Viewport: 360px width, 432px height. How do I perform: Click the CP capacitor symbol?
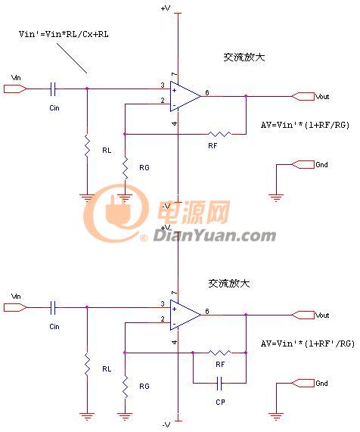tap(219, 384)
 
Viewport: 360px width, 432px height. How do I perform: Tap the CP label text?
tap(220, 402)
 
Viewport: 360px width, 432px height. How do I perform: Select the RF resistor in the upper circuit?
tap(219, 134)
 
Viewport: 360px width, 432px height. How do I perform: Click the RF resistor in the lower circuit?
tap(219, 353)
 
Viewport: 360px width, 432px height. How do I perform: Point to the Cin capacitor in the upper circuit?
tap(53, 89)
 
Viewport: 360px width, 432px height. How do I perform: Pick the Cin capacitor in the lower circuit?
tap(53, 307)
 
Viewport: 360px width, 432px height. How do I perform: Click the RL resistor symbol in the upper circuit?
tap(87, 146)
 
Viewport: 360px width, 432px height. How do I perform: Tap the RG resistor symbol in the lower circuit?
tap(125, 387)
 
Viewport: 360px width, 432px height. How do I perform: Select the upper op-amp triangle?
tap(185, 96)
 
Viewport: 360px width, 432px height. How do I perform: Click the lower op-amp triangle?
tap(185, 315)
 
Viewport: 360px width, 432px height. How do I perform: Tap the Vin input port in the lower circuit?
tap(15, 307)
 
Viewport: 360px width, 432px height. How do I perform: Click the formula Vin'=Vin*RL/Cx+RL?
tap(64, 34)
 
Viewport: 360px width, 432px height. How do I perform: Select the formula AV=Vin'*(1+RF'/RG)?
tap(308, 343)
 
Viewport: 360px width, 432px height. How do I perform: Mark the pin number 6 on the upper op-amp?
tap(207, 93)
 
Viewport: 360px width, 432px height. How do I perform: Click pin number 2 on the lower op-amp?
tap(163, 319)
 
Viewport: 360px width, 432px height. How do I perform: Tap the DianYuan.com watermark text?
tap(214, 236)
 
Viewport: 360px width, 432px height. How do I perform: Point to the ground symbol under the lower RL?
tap(87, 416)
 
